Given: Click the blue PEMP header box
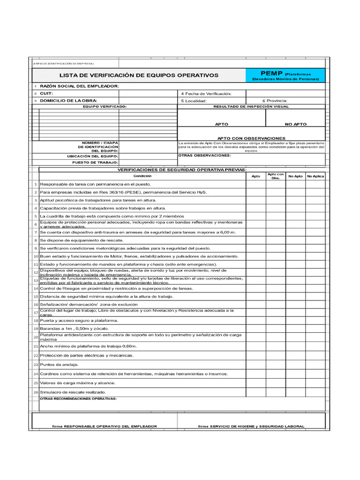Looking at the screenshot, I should pos(285,75).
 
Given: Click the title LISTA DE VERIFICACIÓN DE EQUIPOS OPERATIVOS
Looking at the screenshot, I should pos(139,75).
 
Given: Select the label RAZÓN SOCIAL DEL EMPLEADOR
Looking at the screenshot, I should pos(79,86).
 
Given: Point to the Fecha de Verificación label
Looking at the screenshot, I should pos(206,94).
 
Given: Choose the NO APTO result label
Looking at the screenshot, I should pos(295,124).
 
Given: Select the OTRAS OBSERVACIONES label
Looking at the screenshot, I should pos(205,155).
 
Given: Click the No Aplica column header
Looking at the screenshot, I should pos(315,176).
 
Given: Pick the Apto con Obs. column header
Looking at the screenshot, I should pos(276,176).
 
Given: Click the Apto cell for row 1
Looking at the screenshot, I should pos(256,185).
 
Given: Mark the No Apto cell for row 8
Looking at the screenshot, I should pos(295,240).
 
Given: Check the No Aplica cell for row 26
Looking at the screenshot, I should pos(315,392).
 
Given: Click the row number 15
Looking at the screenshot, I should pos(36,297).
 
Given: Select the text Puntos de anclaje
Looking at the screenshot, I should pos(60,365).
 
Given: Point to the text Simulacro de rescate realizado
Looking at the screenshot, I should pos(73,392).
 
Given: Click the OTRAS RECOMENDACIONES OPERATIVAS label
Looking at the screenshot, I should pos(78,399).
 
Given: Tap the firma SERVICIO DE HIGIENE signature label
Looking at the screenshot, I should pos(251,427).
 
